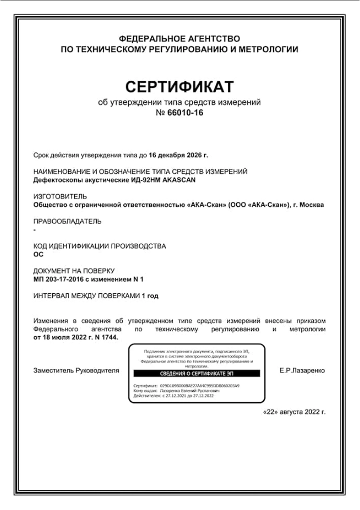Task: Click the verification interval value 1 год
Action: [150, 296]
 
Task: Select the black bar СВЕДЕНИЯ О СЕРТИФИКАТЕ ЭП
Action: [196, 373]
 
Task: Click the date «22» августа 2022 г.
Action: [294, 413]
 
